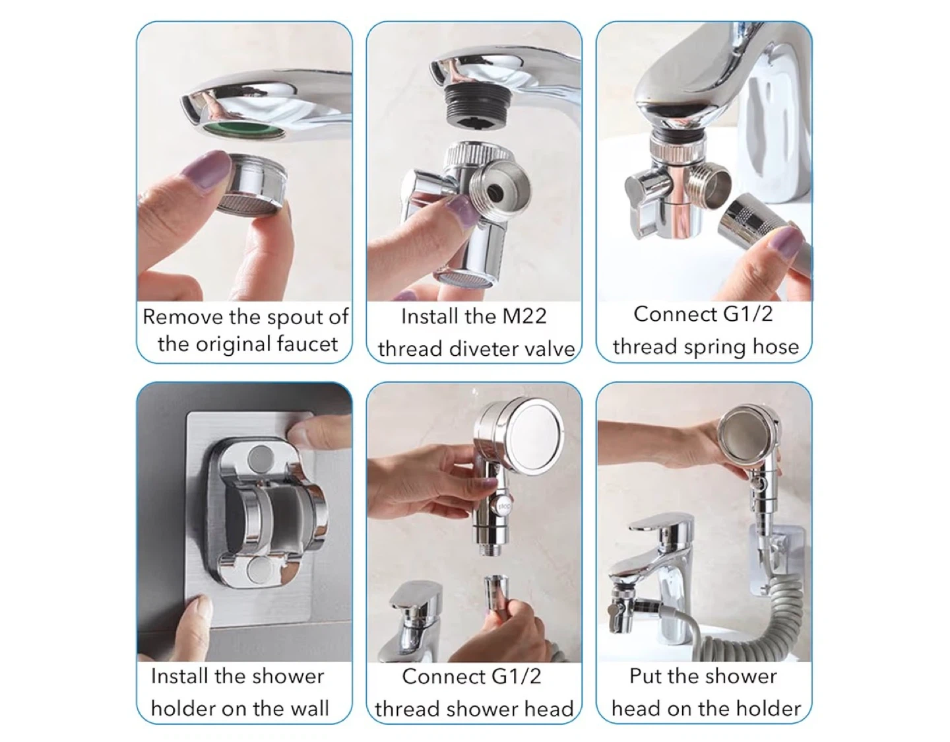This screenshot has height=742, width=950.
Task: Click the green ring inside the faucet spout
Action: [237, 129]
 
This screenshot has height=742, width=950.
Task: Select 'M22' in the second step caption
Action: [524, 316]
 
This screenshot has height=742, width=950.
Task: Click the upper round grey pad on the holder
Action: [261, 458]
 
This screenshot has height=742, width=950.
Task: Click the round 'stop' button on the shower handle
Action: [503, 506]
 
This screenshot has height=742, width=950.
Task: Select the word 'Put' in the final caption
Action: [645, 677]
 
